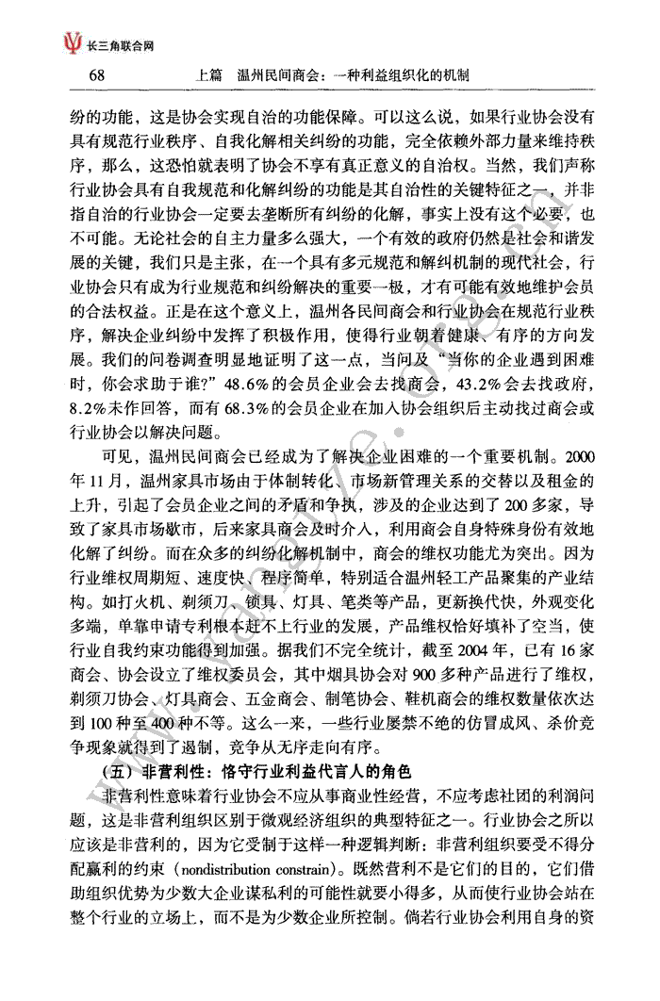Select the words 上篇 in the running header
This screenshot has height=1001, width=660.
(x=206, y=74)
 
